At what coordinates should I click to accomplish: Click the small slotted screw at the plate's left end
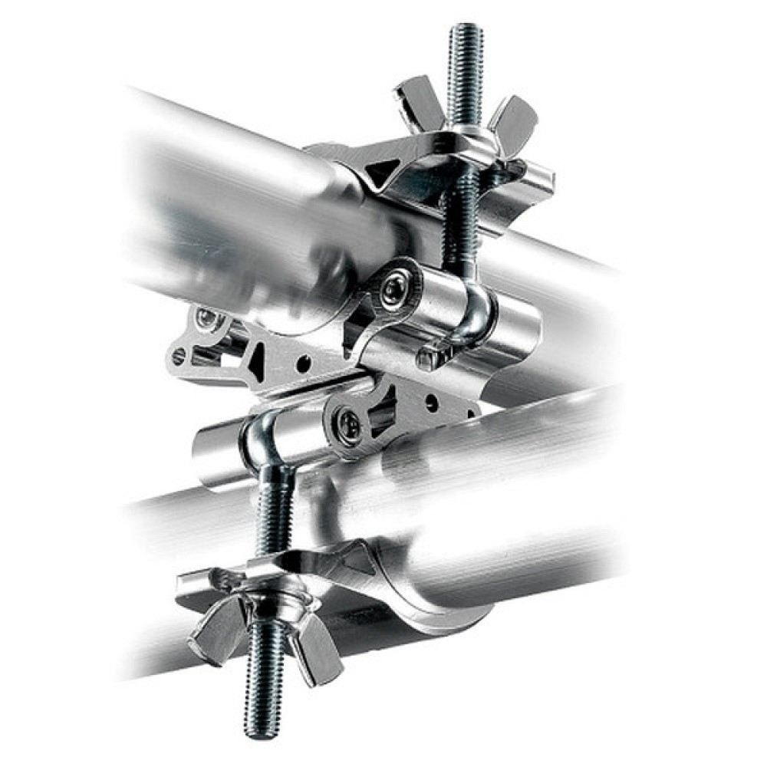point(179,355)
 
